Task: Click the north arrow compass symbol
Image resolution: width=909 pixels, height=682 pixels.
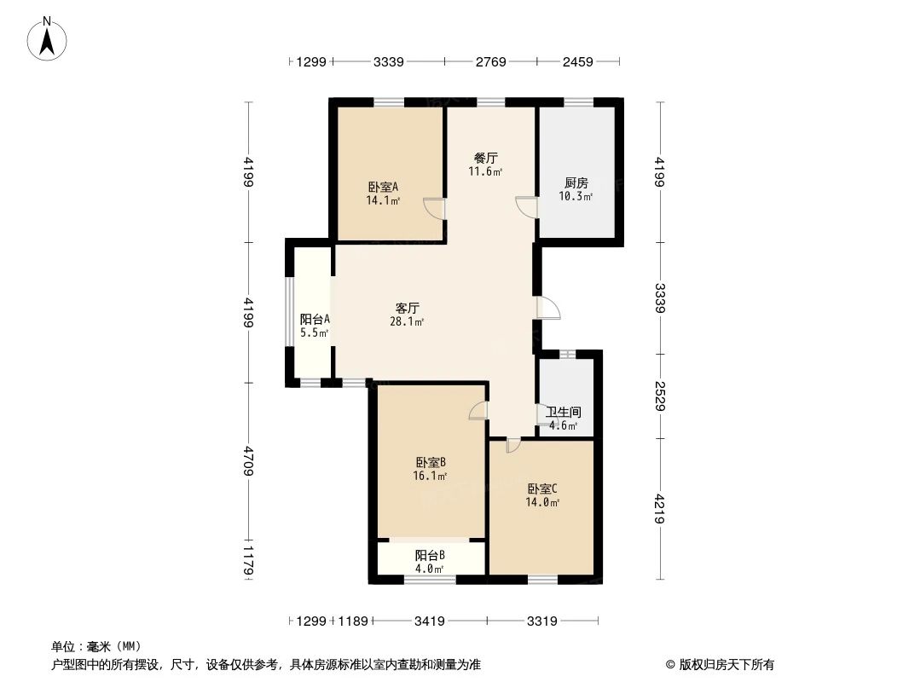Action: click(49, 38)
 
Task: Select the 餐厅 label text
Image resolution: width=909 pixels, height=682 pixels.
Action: click(486, 159)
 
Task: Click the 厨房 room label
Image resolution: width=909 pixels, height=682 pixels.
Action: click(576, 182)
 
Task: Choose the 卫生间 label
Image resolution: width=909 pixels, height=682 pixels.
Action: click(564, 412)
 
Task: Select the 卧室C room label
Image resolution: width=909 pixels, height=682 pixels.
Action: click(542, 488)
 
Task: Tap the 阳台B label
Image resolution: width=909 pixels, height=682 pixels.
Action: click(430, 555)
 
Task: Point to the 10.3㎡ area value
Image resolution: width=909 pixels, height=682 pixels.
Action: click(577, 197)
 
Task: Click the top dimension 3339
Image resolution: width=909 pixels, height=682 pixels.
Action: click(388, 61)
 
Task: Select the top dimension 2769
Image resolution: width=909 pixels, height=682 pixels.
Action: click(490, 61)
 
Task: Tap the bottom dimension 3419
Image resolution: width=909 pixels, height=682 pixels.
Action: click(430, 621)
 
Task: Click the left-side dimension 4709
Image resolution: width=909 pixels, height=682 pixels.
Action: click(248, 460)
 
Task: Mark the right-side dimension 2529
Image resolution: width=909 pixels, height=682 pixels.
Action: click(661, 396)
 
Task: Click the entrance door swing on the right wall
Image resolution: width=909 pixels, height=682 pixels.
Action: click(547, 307)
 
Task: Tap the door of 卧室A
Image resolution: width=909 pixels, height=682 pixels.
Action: click(435, 208)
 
